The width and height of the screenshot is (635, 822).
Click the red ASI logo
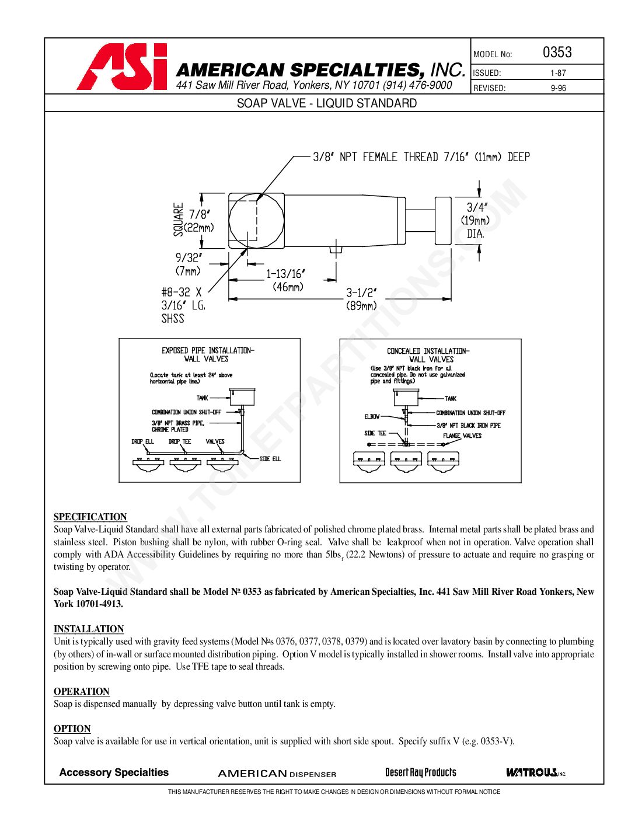point(121,67)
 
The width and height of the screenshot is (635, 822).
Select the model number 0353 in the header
point(557,53)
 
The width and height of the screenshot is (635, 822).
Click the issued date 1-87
point(557,74)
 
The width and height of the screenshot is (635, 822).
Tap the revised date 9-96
point(558,89)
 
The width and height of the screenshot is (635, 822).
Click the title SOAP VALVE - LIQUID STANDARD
point(326,103)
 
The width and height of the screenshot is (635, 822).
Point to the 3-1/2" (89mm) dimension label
point(361,299)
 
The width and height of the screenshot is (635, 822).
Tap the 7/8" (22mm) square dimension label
point(198,221)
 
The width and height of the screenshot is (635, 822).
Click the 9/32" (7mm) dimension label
point(188,264)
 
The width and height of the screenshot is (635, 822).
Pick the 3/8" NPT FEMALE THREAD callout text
point(421,157)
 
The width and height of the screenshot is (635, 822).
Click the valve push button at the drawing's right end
point(443,220)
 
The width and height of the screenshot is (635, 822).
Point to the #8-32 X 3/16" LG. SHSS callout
point(182,305)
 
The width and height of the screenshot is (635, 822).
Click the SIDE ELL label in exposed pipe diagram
point(270,459)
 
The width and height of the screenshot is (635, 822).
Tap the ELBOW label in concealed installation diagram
point(372,417)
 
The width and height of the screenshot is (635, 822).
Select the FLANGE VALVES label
point(462,436)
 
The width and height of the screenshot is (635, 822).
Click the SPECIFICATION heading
point(90,517)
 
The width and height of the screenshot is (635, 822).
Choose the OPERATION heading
point(81,691)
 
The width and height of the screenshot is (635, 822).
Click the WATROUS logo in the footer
point(535,772)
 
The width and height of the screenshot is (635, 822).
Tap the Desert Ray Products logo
point(420,772)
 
